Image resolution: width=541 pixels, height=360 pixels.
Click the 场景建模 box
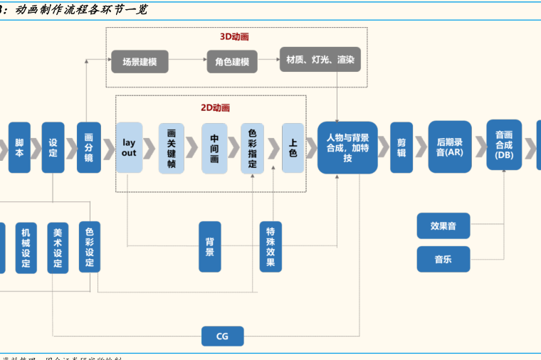(140, 61)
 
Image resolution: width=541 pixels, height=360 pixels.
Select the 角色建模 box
(231, 61)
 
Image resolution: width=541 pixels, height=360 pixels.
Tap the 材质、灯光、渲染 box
(320, 60)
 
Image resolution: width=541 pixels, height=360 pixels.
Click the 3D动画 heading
(234, 36)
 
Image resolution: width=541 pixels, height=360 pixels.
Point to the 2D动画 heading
(215, 107)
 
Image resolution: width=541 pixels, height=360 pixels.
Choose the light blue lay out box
(129, 148)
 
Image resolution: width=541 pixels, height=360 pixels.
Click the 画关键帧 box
(171, 148)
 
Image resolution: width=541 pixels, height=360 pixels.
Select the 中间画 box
(214, 148)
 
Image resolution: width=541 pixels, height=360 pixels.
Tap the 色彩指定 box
(252, 148)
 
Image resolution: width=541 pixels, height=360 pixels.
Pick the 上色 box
(293, 148)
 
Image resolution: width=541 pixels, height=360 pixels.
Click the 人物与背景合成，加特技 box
(347, 148)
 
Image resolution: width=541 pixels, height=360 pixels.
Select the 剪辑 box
(401, 147)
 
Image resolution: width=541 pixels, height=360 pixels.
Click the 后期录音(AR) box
(449, 147)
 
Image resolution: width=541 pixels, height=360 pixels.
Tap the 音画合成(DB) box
(504, 144)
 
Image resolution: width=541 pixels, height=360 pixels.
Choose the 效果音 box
(443, 226)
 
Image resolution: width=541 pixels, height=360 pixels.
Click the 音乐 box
(443, 259)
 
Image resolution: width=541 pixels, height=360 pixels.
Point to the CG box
(222, 336)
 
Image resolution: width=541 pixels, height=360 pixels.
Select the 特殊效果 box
(270, 246)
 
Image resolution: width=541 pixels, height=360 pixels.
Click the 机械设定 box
(26, 248)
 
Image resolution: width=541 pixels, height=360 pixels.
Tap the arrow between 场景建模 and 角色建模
(187, 61)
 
